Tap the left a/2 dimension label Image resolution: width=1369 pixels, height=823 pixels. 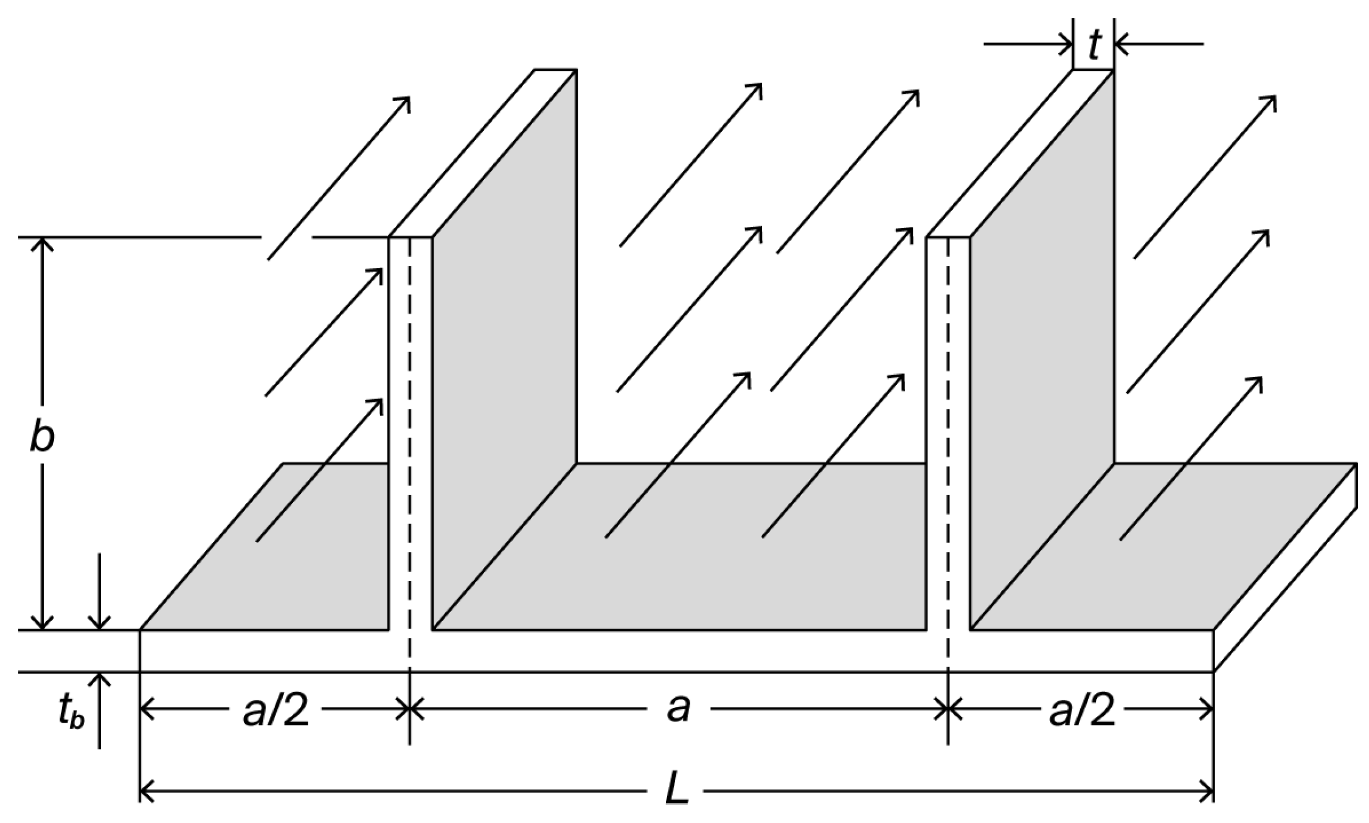(276, 710)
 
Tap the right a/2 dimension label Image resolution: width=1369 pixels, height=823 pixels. (1083, 710)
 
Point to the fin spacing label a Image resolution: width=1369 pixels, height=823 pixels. (678, 709)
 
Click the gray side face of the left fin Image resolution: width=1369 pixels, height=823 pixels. (505, 341)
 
